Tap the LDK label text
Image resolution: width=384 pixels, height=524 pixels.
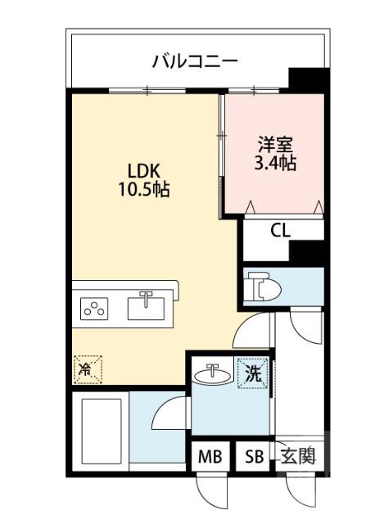[x=147, y=172]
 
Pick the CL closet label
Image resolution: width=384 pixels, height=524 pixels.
[x=280, y=230]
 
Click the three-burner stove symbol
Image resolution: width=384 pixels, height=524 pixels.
[x=94, y=309]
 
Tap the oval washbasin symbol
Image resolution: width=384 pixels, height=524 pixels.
[x=214, y=375]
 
